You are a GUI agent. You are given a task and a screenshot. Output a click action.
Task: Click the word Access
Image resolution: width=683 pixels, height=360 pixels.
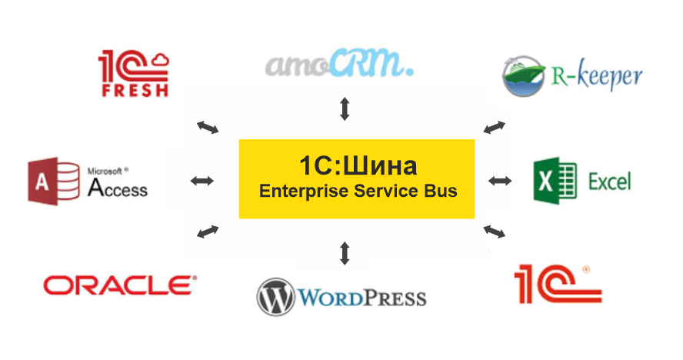(x=117, y=187)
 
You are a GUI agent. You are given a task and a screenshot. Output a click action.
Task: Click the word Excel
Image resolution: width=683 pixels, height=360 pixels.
(x=609, y=182)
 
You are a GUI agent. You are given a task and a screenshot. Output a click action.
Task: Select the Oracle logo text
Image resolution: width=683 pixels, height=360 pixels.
(x=120, y=285)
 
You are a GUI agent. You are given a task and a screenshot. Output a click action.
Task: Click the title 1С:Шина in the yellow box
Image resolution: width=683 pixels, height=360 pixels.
(x=358, y=165)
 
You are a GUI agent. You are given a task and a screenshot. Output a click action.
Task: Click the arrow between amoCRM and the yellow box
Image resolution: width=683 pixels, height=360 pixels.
(x=345, y=109)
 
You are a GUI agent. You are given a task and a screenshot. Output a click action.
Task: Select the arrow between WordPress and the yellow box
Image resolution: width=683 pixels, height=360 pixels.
(x=345, y=252)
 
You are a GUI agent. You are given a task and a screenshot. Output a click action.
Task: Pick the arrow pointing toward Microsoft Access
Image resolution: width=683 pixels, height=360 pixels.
(x=202, y=181)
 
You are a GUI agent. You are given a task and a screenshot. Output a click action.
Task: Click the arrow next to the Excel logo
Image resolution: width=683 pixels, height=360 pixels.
(x=500, y=181)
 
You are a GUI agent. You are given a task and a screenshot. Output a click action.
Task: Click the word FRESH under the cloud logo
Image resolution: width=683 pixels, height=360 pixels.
(x=135, y=91)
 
